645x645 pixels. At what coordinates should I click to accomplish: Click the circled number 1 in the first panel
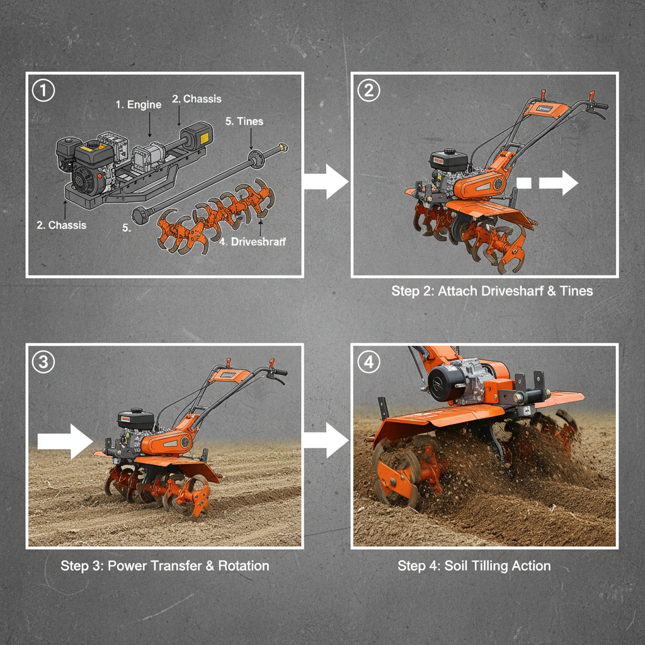tap(43, 90)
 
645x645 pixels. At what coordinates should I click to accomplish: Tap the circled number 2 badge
tap(368, 90)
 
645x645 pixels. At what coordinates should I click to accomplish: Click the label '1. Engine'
tap(139, 105)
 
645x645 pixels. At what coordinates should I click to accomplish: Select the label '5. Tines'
tap(244, 121)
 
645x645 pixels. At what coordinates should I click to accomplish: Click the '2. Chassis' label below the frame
tap(61, 225)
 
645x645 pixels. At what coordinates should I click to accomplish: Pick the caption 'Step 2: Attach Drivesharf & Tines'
tap(492, 291)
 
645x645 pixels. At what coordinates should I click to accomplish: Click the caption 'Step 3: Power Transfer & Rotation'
tap(164, 566)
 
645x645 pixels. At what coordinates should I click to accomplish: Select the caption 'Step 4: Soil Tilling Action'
tap(474, 566)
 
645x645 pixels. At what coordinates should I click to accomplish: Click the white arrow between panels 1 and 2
tap(326, 183)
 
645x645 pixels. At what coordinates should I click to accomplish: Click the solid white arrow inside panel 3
tap(65, 441)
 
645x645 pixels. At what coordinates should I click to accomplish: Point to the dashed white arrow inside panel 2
tap(548, 183)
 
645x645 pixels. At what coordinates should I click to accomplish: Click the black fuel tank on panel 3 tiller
tap(135, 418)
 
